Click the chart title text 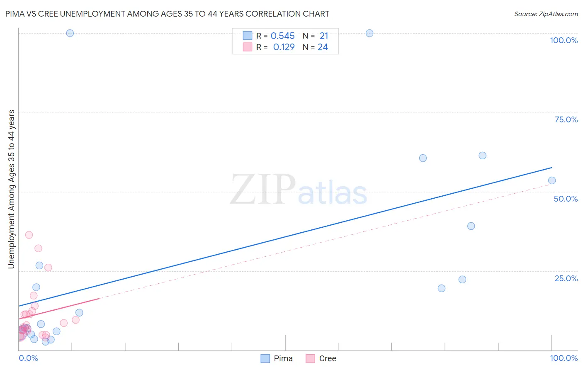(x=167, y=14)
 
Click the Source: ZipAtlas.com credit (x=546, y=14)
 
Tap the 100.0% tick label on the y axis (x=564, y=40)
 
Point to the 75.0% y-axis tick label (x=566, y=119)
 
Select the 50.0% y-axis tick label (x=566, y=199)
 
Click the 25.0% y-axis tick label (x=566, y=278)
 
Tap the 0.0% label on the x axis (x=28, y=358)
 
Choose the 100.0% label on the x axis (x=564, y=358)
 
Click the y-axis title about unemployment (x=11, y=189)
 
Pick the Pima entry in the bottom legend (x=277, y=358)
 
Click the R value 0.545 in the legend (x=282, y=36)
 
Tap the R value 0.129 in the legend (x=284, y=47)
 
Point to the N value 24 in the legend (x=323, y=47)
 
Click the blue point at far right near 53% (x=551, y=180)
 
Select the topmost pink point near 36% (x=29, y=235)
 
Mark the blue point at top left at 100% (x=70, y=33)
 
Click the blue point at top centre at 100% (x=369, y=33)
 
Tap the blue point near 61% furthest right (x=482, y=156)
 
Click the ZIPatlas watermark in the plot (x=299, y=190)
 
